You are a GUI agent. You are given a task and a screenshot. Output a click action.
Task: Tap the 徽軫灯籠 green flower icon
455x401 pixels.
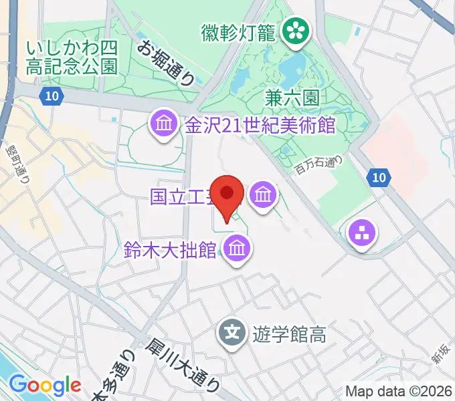pyautogui.click(x=293, y=30)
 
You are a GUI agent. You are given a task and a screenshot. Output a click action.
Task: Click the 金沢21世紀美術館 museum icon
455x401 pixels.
pyautogui.click(x=163, y=124)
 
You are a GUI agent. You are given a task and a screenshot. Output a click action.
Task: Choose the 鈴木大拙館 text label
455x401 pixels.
pyautogui.click(x=171, y=250)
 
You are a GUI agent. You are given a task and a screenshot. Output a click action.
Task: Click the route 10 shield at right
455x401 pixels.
pyautogui.click(x=379, y=177)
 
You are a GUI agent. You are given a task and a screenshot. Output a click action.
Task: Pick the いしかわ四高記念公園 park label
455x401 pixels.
pyautogui.click(x=72, y=57)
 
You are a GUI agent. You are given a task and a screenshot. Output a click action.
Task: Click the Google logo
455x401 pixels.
pyautogui.click(x=45, y=385)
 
